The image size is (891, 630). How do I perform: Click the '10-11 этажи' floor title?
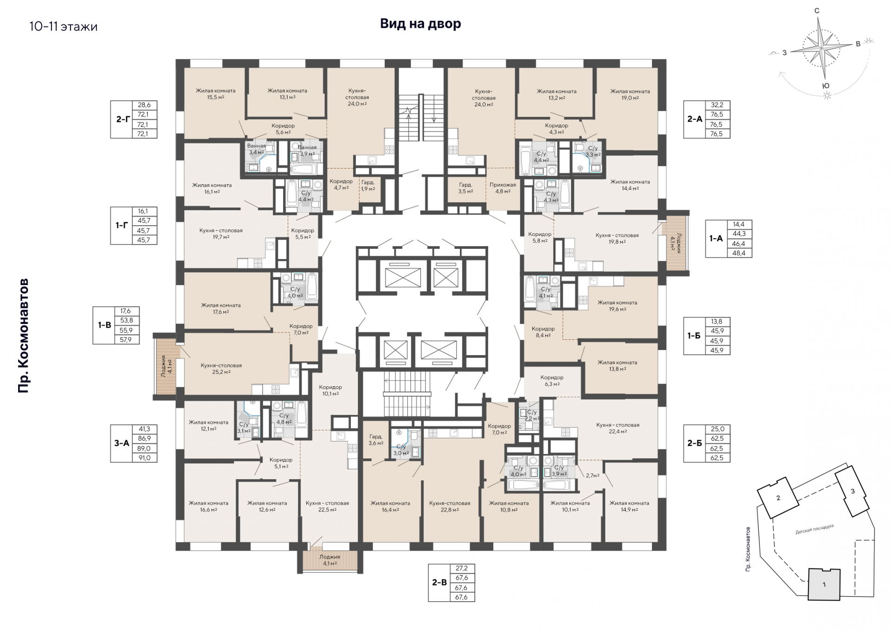63,26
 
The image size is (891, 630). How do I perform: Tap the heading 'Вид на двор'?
420,24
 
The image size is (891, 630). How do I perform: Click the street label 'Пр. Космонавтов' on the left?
23,336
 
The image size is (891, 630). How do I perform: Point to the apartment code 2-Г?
123,119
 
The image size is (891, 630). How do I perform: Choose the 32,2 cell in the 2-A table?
717,105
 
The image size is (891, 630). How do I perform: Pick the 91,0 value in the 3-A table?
144,458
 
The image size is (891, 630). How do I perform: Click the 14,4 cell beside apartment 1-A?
739,224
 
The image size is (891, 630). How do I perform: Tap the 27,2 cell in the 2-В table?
462,568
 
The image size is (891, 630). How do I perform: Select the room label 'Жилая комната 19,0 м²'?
630,95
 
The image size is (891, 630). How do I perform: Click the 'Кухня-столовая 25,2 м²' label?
221,369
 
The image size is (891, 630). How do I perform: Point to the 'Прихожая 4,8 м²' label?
503,188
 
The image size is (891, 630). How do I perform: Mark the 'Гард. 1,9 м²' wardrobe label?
368,185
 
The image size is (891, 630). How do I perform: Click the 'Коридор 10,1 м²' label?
330,390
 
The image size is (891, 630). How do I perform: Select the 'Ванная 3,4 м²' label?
257,149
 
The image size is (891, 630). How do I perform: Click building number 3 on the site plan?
852,491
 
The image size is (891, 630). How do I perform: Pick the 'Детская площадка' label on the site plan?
814,529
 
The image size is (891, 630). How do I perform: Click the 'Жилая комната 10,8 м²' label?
509,506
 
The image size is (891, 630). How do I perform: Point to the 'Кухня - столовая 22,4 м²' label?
618,428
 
